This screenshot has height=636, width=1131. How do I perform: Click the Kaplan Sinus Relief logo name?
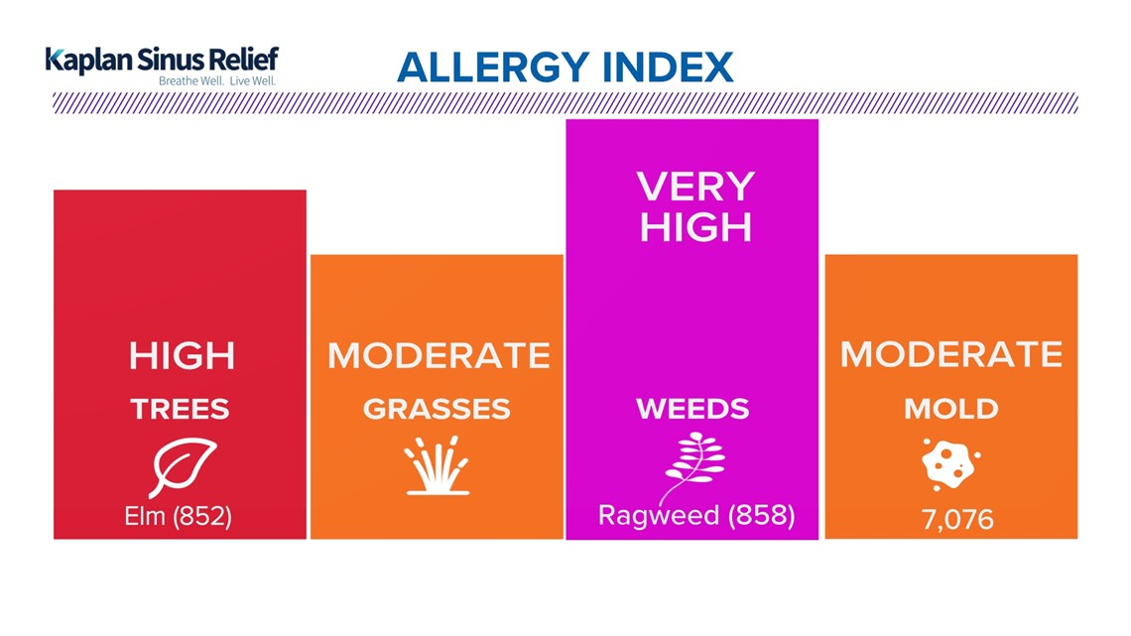click(162, 60)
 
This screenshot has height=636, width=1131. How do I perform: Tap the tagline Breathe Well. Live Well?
click(217, 80)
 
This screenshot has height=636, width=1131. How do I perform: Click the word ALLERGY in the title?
click(493, 67)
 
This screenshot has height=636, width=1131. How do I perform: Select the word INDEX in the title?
click(668, 67)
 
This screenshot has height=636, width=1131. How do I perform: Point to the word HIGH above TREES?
click(182, 355)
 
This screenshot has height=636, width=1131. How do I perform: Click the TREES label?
click(181, 410)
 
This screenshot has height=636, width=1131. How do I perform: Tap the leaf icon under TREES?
click(182, 467)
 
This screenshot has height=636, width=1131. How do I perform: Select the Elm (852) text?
click(179, 516)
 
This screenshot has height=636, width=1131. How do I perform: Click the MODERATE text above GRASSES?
click(439, 355)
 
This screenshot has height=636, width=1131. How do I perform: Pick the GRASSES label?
click(437, 410)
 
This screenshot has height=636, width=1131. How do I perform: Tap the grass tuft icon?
click(438, 465)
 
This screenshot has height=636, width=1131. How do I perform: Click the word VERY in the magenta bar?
click(695, 188)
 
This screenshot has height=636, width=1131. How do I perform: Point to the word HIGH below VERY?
click(695, 227)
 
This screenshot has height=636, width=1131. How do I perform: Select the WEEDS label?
click(692, 410)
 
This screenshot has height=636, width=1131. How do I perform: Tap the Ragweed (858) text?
click(696, 516)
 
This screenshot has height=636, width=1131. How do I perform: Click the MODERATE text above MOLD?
click(951, 355)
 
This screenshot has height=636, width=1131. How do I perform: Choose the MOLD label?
click(951, 410)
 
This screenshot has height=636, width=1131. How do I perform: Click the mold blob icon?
click(950, 464)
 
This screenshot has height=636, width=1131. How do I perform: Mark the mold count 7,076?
click(957, 519)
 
